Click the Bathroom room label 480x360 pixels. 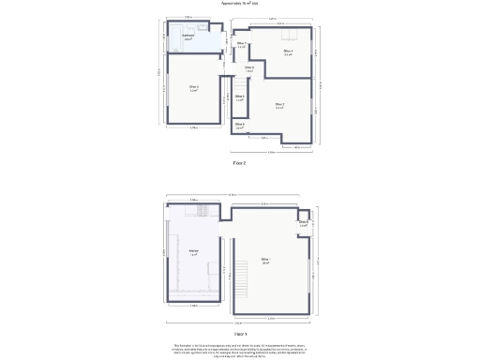coord(187,38)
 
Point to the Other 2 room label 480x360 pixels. coord(193,88)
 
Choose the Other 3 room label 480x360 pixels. coord(279,105)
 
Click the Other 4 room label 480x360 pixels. coord(289,52)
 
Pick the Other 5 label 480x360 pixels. coord(241,44)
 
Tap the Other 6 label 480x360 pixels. coord(249,68)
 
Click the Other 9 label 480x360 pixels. coord(240,126)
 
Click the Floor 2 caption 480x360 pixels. coord(240,163)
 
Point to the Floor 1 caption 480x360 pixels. coord(240,333)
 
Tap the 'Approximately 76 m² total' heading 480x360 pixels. coord(240,4)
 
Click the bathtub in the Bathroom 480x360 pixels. coord(174,41)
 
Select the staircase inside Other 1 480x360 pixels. coord(242,275)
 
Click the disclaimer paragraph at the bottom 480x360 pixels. coord(240,350)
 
